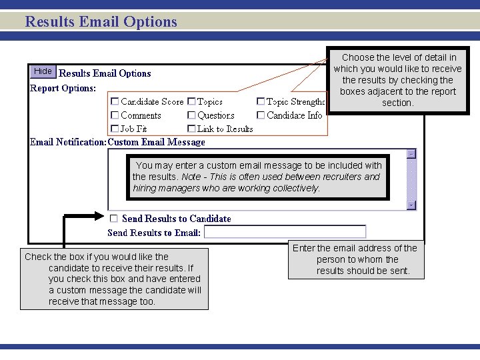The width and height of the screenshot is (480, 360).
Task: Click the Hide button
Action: [43, 71]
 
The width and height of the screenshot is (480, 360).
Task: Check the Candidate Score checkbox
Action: [115, 102]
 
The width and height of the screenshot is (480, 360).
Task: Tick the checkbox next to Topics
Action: [191, 102]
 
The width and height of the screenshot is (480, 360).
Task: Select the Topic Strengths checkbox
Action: [261, 102]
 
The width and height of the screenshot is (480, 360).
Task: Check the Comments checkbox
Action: [115, 115]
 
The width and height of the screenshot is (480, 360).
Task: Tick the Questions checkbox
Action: [191, 115]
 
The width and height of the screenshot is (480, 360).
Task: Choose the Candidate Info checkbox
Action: [261, 115]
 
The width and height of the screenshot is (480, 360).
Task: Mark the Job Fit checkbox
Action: [115, 129]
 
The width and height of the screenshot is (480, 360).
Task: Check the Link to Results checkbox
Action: [191, 129]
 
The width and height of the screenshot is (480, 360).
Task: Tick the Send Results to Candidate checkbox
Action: [114, 218]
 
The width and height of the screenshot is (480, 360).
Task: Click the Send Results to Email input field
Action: [285, 232]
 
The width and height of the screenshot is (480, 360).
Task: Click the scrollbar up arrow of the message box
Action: [411, 153]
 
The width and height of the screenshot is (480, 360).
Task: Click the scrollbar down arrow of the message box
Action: [411, 205]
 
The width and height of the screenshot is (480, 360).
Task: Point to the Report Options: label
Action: [63, 88]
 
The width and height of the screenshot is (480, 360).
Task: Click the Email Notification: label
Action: [68, 142]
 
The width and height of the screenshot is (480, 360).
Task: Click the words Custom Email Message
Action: [157, 142]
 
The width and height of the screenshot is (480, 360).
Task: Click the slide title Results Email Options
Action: [101, 21]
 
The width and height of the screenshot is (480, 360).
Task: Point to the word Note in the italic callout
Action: [191, 177]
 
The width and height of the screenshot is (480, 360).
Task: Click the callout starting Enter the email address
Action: [355, 259]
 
